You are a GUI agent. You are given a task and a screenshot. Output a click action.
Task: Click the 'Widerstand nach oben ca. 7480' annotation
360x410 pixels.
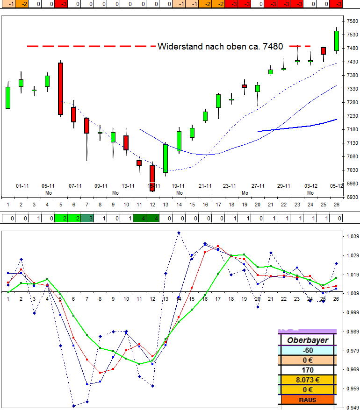220,46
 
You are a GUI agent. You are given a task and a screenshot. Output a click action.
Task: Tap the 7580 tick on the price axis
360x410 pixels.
352,21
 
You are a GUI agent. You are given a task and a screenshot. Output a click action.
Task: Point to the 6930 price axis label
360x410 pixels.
352,197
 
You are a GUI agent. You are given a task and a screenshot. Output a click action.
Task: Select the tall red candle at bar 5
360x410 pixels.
60,88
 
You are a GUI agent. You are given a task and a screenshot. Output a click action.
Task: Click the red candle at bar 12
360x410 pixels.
152,178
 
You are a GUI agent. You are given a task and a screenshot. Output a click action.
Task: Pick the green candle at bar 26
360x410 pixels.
337,41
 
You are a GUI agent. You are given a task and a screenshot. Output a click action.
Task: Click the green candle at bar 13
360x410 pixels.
165,158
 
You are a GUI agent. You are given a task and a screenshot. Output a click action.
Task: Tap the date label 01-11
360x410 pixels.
22,186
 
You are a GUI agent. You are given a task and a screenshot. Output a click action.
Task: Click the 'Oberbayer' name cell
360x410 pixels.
308,340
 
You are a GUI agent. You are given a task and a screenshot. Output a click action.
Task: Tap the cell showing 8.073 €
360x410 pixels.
308,380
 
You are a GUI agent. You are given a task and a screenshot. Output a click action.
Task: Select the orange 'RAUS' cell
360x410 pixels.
308,400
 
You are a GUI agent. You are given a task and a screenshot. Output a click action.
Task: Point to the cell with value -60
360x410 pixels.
308,351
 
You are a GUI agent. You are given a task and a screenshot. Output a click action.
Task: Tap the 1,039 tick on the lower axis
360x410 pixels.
352,237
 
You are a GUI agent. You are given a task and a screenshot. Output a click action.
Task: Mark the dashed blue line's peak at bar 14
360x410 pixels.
179,233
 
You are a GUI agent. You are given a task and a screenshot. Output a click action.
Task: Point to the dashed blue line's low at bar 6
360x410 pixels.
73,406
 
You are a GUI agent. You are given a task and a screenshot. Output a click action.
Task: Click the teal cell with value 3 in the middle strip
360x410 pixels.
87,218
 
